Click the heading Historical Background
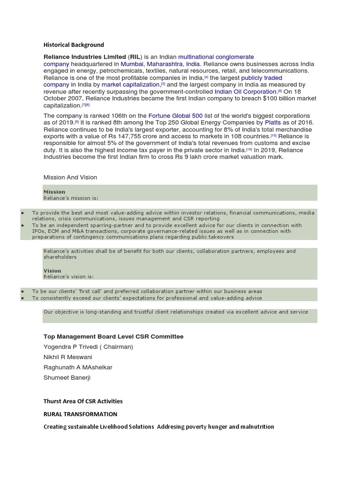[74, 45]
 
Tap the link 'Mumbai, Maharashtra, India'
[160, 64]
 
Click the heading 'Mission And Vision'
[70, 178]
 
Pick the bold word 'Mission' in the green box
[54, 192]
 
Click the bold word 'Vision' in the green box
[52, 270]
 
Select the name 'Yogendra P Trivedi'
[73, 347]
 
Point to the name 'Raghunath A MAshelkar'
[78, 367]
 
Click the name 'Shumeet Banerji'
[67, 378]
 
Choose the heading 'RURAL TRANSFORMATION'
[80, 414]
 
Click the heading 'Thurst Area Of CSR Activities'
[83, 401]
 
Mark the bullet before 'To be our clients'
[22, 291]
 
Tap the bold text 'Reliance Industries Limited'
[85, 57]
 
